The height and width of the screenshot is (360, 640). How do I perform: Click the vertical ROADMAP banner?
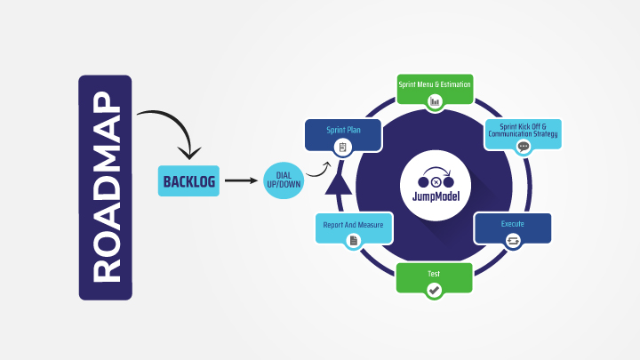coord(105,187)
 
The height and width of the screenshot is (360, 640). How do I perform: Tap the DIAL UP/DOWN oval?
coord(285,181)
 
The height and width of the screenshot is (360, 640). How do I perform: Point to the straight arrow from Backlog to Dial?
coord(238,181)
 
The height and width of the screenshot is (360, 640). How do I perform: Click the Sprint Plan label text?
coord(343,130)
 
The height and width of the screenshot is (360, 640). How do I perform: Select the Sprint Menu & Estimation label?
coord(434,84)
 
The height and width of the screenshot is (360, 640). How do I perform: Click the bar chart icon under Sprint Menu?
coord(435,101)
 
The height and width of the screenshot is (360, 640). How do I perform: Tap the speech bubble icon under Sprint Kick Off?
coord(524,147)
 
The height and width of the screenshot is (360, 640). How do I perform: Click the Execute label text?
coord(513,224)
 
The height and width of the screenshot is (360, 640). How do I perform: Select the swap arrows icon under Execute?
coord(512,241)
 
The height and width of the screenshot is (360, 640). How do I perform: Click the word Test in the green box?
coord(434,273)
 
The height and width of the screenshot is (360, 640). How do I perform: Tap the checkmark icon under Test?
coord(434,290)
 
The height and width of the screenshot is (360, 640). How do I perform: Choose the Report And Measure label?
coord(354,225)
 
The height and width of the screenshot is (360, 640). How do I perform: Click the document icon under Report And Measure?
coord(353,241)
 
